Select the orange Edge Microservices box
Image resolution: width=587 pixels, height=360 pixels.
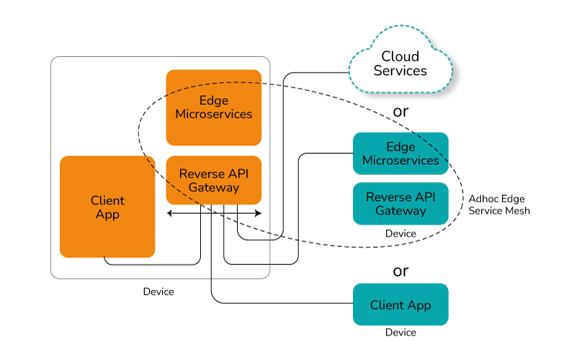click(213, 107)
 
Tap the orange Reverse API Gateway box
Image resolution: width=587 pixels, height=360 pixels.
click(213, 180)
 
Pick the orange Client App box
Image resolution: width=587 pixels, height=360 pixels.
click(107, 207)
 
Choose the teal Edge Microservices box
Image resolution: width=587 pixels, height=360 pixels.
click(400, 153)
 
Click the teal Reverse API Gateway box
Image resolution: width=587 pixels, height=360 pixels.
click(400, 204)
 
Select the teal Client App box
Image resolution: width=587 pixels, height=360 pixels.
click(400, 305)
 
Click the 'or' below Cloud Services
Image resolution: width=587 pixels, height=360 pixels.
click(400, 112)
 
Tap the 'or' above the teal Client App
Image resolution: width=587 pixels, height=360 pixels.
click(400, 271)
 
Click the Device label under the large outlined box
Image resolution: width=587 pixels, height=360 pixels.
click(158, 292)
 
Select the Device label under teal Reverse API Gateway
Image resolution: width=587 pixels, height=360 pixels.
click(400, 233)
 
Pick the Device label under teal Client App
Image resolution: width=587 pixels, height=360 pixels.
click(400, 333)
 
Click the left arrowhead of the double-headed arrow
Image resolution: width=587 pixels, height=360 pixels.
click(170, 213)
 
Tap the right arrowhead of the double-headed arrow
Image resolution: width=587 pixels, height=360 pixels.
click(259, 213)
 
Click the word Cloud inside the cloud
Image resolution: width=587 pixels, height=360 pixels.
click(400, 56)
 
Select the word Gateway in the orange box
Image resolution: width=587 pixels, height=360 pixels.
click(213, 187)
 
